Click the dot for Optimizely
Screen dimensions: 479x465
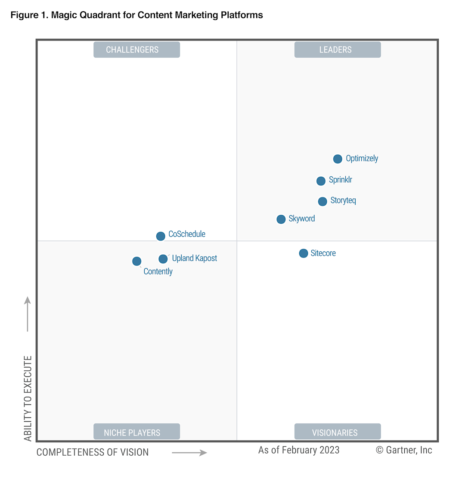(x=338, y=159)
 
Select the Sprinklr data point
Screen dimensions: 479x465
(x=321, y=181)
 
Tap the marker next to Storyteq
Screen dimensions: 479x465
(x=322, y=201)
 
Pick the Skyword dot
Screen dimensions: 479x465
(x=281, y=219)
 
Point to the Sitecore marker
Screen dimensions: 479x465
(x=304, y=253)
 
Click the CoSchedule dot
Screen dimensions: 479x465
(x=161, y=236)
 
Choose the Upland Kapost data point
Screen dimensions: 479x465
(x=163, y=259)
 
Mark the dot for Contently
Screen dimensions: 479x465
(x=136, y=261)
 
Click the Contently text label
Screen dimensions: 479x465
(x=158, y=272)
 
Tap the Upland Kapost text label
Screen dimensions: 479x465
(x=195, y=259)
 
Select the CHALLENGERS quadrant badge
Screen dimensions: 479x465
(x=136, y=50)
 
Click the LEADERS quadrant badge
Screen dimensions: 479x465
(x=337, y=50)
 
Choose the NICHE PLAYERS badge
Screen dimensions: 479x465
(x=136, y=432)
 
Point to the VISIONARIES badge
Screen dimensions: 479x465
(x=337, y=432)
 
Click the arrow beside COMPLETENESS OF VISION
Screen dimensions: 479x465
(x=189, y=453)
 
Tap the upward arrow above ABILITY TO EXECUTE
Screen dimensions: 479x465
(x=28, y=314)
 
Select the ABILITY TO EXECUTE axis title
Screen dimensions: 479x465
(x=28, y=398)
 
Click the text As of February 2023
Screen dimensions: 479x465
(x=299, y=450)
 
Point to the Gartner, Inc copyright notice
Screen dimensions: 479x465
(x=404, y=450)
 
